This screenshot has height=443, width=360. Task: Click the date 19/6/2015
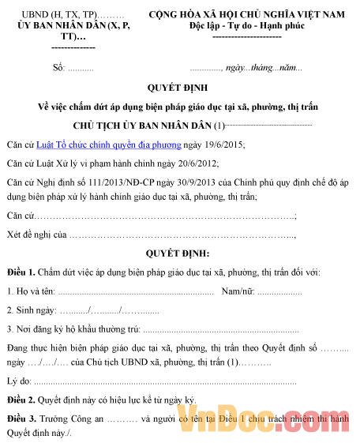tap(226, 145)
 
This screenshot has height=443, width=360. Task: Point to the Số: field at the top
tap(60, 67)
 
